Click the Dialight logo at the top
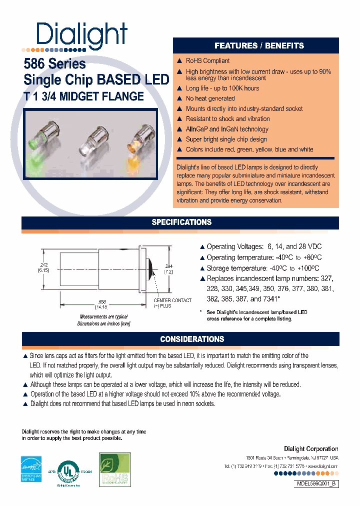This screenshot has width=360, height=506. [82, 35]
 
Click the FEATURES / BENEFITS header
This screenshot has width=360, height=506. [258, 45]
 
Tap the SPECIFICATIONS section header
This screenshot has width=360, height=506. [181, 222]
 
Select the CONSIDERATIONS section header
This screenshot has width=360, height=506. [192, 339]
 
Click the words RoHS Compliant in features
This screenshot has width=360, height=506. [207, 61]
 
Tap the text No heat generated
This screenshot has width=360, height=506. [210, 98]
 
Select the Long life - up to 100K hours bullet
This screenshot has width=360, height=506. [222, 88]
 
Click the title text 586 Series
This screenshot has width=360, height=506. [55, 64]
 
